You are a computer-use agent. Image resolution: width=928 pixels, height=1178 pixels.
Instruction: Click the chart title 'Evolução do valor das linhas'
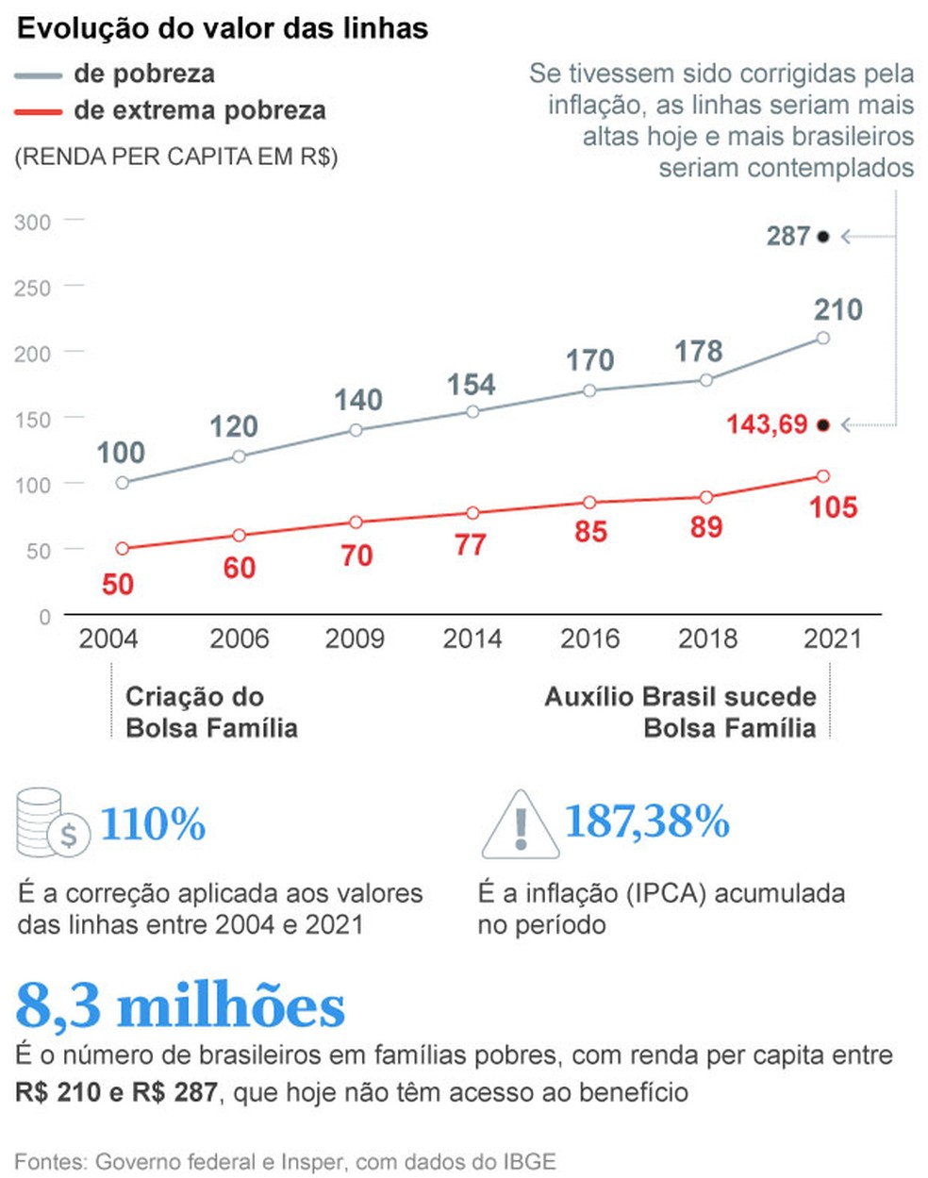(x=223, y=28)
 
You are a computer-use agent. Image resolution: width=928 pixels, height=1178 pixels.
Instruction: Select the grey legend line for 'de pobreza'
(x=39, y=75)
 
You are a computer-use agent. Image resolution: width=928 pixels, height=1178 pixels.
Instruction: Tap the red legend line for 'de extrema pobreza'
(x=39, y=112)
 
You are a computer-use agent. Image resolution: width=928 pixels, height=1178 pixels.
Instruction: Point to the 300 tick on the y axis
(x=33, y=223)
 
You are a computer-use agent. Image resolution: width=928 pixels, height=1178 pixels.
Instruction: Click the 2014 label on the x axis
(x=472, y=639)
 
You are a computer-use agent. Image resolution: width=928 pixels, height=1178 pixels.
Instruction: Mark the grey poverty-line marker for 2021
(x=822, y=338)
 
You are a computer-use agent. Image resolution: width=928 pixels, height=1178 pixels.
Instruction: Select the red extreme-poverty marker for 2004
(x=122, y=548)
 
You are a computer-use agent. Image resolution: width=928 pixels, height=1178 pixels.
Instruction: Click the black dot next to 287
(x=822, y=237)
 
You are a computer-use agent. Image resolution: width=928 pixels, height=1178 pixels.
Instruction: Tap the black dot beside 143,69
(x=822, y=425)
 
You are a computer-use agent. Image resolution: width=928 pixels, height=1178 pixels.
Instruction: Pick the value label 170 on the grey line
(x=589, y=360)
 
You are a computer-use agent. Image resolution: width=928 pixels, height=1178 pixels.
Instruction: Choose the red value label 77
(x=470, y=545)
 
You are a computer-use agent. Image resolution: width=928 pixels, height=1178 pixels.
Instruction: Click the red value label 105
(x=833, y=507)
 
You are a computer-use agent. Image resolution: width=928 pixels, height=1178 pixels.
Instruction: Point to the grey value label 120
(x=233, y=426)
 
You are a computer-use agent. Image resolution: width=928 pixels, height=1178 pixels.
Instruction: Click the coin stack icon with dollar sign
(x=53, y=822)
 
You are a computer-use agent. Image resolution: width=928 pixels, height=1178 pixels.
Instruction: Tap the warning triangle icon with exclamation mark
(x=519, y=825)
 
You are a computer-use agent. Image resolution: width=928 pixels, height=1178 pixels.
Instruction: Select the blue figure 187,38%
(x=647, y=821)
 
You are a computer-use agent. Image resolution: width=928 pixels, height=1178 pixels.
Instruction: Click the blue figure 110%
(x=153, y=824)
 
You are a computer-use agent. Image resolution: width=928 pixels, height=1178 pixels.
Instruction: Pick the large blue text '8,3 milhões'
(x=180, y=1006)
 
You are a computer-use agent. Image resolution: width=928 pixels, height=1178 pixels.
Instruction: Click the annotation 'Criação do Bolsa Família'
(x=211, y=712)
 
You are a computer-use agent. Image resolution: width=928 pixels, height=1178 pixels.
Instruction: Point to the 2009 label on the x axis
(x=355, y=639)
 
